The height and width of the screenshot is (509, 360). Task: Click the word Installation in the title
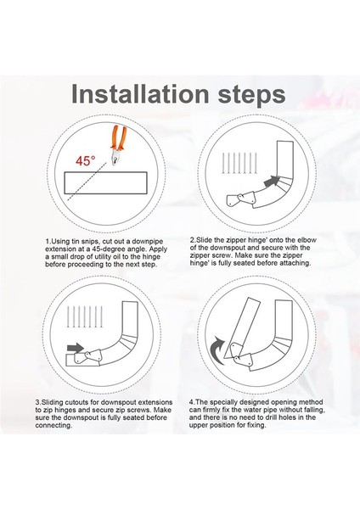point(140,94)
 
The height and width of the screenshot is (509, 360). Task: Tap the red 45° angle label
point(86,160)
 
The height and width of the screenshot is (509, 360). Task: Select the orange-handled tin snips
point(118,145)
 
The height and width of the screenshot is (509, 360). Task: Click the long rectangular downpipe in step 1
point(105,182)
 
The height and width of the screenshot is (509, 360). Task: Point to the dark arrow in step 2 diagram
point(273,182)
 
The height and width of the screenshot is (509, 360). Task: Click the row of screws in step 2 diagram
point(239,163)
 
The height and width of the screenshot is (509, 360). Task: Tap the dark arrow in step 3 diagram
point(76,349)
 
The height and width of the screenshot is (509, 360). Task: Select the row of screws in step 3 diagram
point(85,316)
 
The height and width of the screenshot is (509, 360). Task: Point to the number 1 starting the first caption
point(48,242)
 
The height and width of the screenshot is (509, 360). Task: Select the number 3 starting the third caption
point(38,402)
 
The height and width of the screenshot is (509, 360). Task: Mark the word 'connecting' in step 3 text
point(53,425)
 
